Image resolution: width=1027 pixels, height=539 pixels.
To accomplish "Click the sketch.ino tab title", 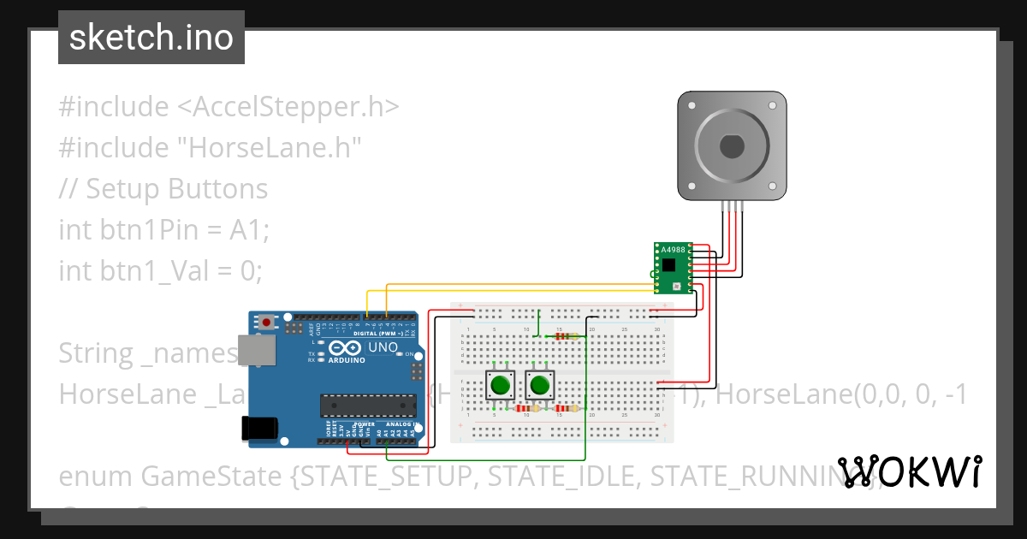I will point(151,38).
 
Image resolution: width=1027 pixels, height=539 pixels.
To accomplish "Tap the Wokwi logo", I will point(909,471).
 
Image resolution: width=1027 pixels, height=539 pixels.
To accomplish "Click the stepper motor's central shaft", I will point(732,146).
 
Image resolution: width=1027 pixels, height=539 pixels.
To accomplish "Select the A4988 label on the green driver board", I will point(673,250).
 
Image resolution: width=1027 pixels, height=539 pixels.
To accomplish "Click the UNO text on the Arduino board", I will point(383,348).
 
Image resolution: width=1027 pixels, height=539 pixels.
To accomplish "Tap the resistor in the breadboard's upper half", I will point(562,336).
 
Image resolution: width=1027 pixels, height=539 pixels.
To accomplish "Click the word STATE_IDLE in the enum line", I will point(561,476).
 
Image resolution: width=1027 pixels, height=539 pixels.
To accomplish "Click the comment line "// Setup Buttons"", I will point(163,188).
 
